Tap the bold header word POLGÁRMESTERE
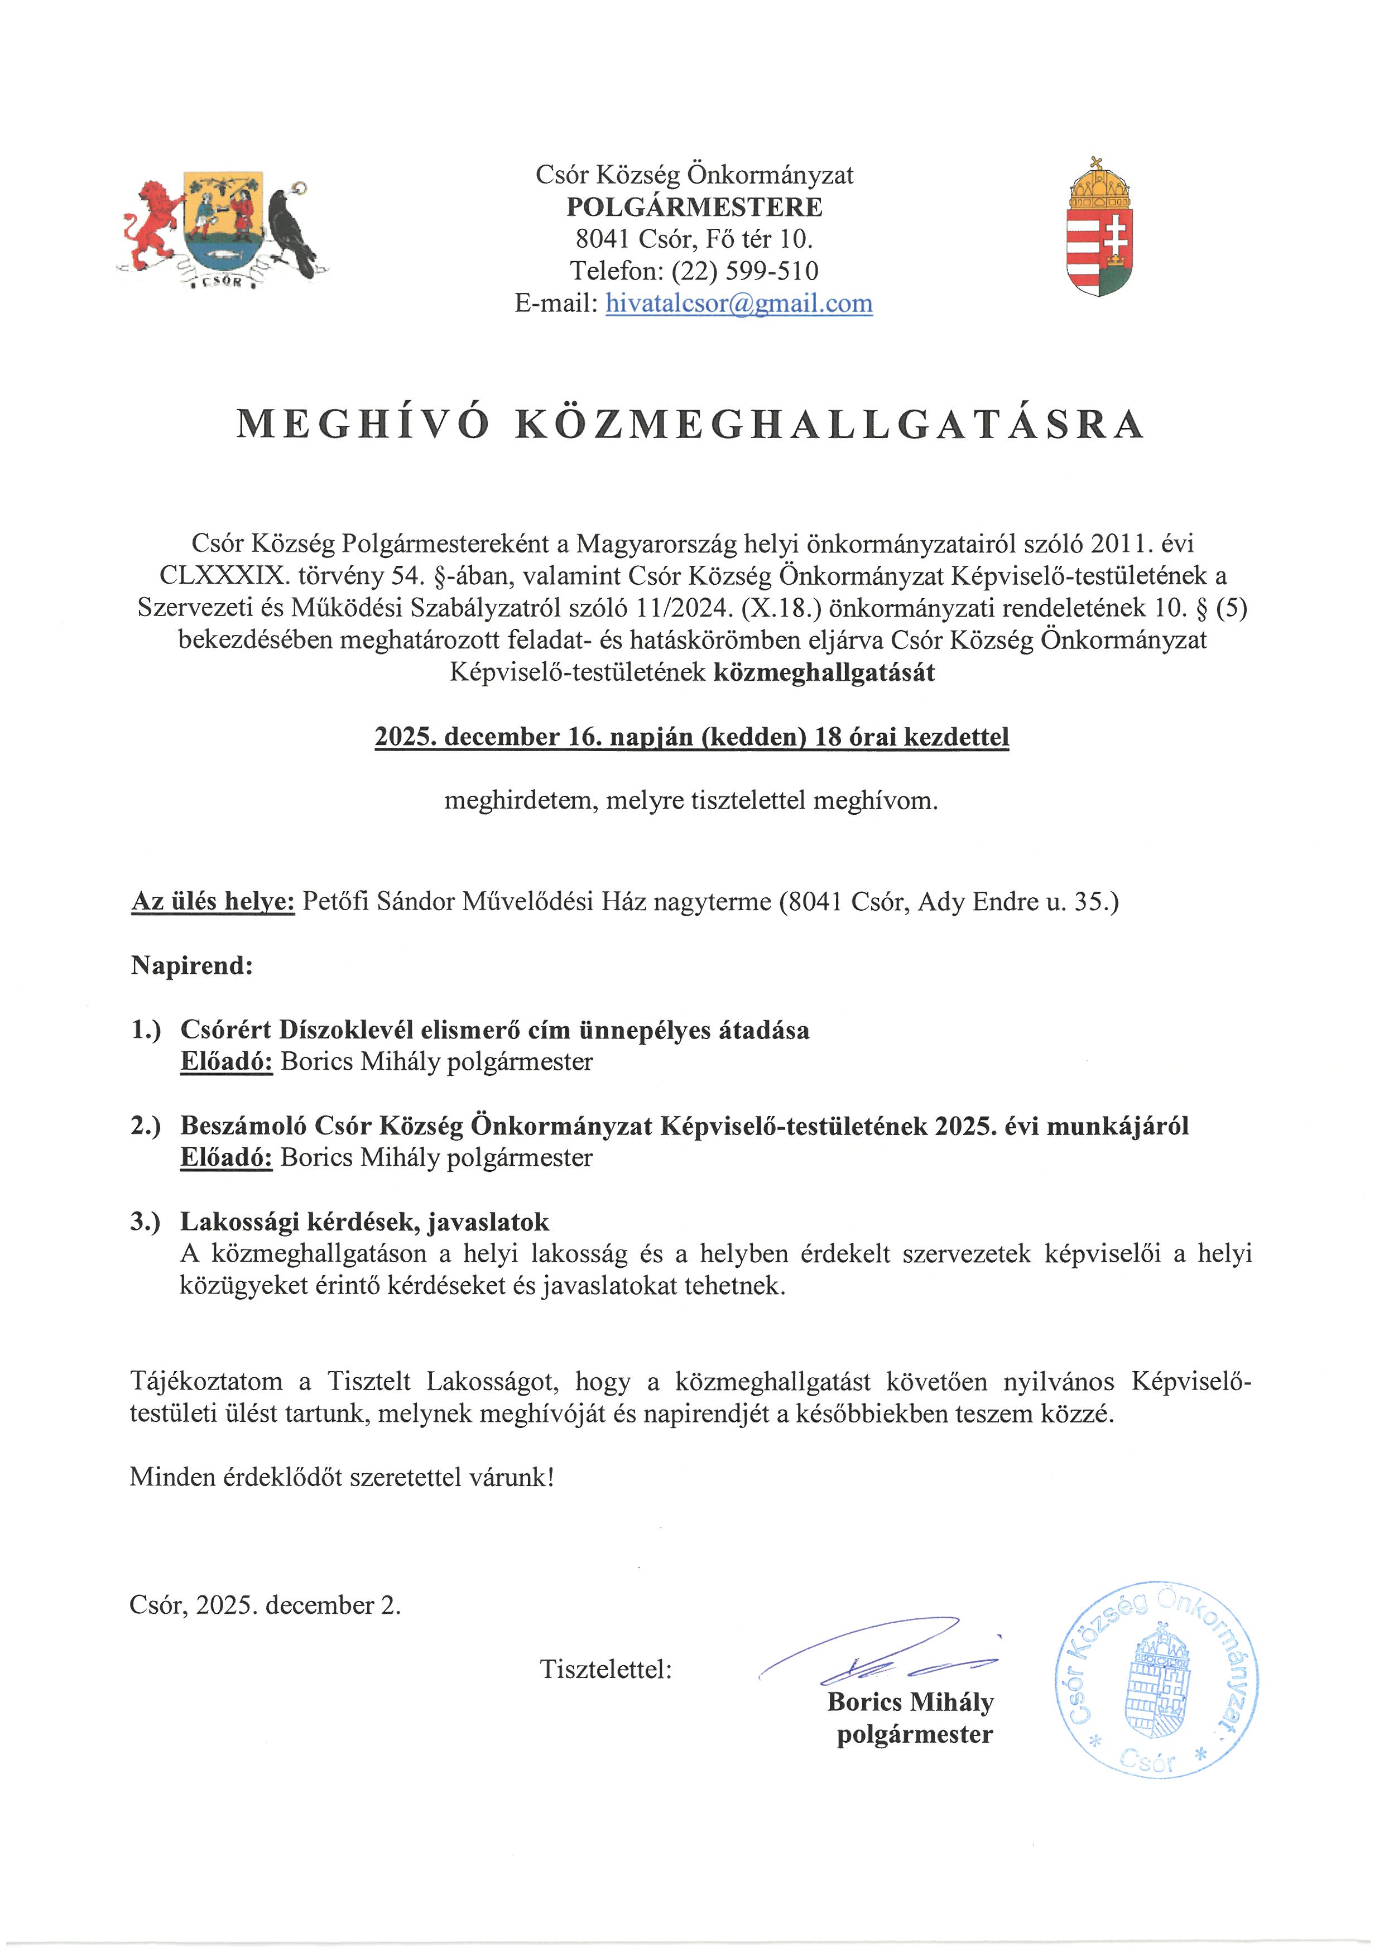(x=695, y=207)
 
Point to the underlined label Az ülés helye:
(x=213, y=902)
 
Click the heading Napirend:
(x=192, y=966)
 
